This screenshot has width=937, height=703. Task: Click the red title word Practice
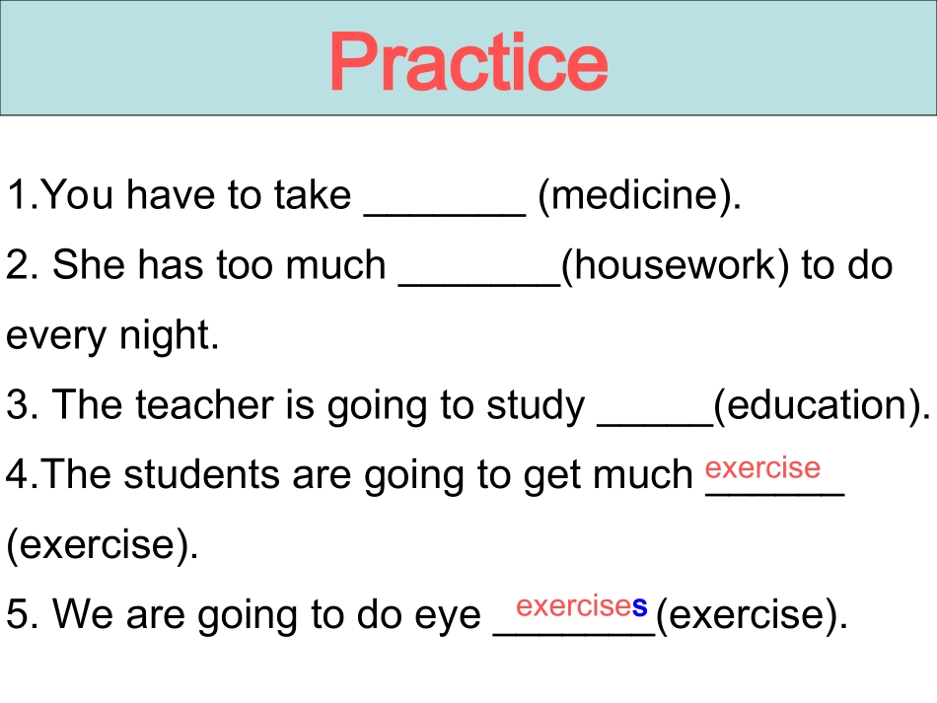tap(468, 62)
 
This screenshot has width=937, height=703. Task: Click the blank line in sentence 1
tap(445, 214)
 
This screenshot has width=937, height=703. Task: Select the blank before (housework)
tap(480, 284)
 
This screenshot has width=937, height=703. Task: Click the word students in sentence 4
tap(201, 475)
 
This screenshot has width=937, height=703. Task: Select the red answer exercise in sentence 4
tap(762, 467)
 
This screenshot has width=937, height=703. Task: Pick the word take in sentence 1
tap(312, 195)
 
